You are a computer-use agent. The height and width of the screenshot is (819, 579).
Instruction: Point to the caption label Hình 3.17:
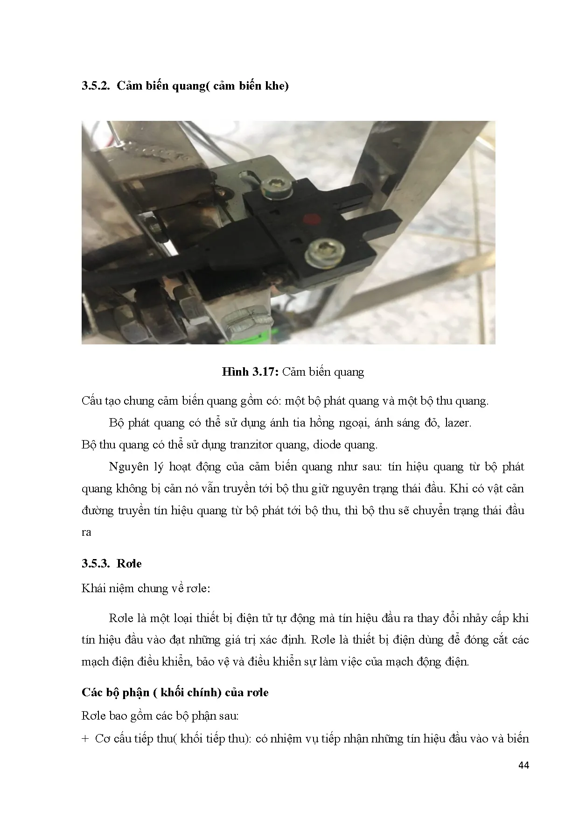coord(250,372)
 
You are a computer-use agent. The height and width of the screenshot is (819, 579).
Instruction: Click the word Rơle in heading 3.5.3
coord(129,563)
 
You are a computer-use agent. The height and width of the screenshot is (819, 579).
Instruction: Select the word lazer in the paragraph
coord(458,423)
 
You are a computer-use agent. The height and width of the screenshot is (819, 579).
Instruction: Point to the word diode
coord(328,445)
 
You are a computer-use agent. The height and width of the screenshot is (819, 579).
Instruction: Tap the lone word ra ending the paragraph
coord(86,532)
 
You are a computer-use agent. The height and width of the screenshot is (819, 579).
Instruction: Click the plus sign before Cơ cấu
coord(85,739)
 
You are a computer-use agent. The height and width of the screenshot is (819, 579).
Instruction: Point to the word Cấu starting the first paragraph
coord(92,401)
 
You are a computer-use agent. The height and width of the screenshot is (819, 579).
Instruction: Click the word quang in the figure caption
coord(349,372)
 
